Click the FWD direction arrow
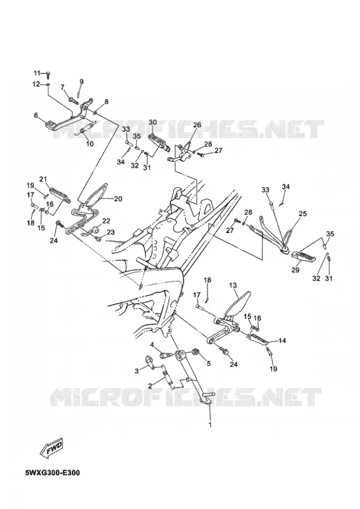(51, 448)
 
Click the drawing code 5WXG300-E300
(52, 472)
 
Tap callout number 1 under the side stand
(210, 424)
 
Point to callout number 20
(118, 199)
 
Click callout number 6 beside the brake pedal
(36, 115)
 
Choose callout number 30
(153, 122)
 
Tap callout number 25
(303, 214)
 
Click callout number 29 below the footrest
(295, 270)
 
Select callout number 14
(282, 340)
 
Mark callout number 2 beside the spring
(150, 386)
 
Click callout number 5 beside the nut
(208, 363)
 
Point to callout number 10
(89, 144)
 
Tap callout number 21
(43, 179)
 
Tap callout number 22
(106, 221)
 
